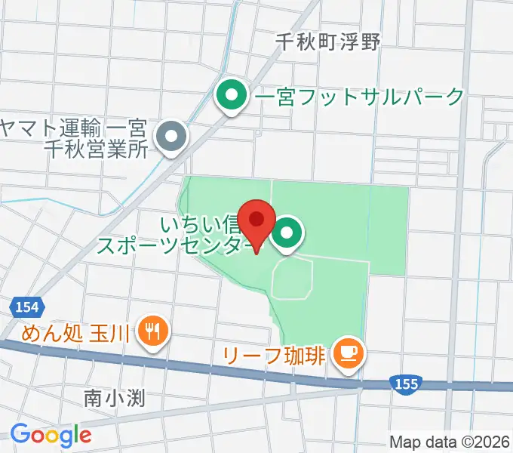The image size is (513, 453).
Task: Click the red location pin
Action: pyautogui.click(x=256, y=220)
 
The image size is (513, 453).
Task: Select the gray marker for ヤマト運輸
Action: pyautogui.click(x=170, y=138)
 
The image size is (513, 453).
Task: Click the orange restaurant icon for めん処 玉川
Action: pyautogui.click(x=154, y=330)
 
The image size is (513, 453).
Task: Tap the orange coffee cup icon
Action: pyautogui.click(x=348, y=351)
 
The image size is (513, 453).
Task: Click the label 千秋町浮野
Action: pyautogui.click(x=327, y=42)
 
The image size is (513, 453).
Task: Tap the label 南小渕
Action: pyautogui.click(x=114, y=397)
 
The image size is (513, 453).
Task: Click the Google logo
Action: pyautogui.click(x=51, y=434)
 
